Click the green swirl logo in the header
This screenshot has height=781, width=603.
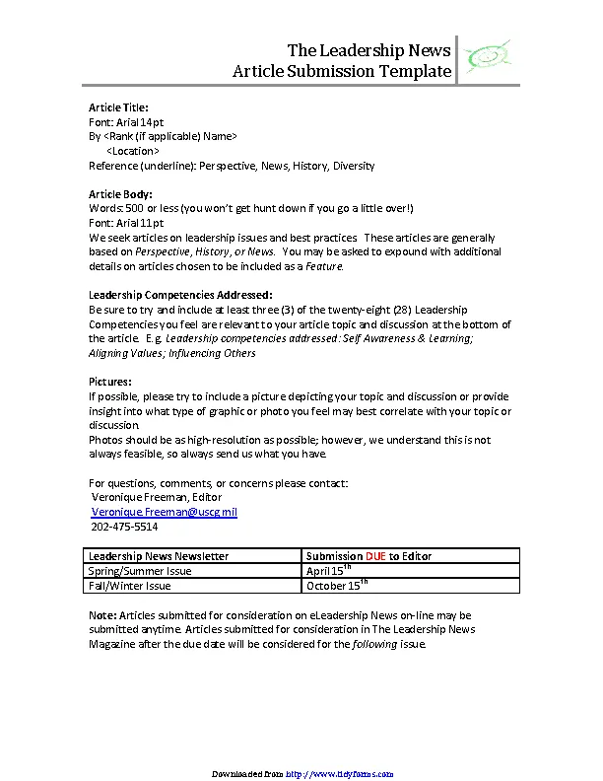pyautogui.click(x=488, y=60)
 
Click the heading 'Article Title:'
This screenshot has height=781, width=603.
pyautogui.click(x=118, y=106)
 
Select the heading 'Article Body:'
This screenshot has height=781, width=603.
pyautogui.click(x=120, y=194)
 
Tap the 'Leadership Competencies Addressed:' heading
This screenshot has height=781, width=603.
pyautogui.click(x=180, y=295)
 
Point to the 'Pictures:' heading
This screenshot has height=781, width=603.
pyautogui.click(x=110, y=382)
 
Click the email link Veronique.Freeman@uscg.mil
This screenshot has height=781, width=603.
pyautogui.click(x=164, y=512)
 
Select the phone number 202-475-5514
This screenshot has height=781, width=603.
pyautogui.click(x=124, y=527)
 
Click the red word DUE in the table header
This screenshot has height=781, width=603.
pyautogui.click(x=375, y=556)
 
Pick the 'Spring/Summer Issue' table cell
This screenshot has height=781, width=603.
pyautogui.click(x=140, y=571)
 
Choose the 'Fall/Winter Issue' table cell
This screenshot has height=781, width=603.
pyautogui.click(x=129, y=586)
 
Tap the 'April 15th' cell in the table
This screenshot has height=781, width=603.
pyautogui.click(x=329, y=571)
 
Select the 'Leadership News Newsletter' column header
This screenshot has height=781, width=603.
pyautogui.click(x=159, y=556)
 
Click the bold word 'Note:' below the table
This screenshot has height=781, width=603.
pyautogui.click(x=101, y=615)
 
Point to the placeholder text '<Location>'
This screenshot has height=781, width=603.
pyautogui.click(x=132, y=151)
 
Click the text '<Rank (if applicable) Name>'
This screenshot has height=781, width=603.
pyautogui.click(x=169, y=136)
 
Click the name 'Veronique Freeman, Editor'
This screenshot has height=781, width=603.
pyautogui.click(x=157, y=497)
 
